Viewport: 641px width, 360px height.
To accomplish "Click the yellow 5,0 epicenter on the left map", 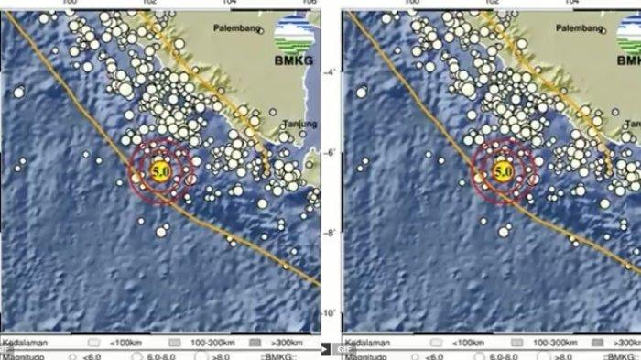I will point(159,170).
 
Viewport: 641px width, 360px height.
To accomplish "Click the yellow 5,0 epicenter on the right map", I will point(502,170).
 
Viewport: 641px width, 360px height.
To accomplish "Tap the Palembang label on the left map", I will point(235,27).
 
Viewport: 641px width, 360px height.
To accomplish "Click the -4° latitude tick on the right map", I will point(632,72).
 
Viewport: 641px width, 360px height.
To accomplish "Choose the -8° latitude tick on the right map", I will point(632,234).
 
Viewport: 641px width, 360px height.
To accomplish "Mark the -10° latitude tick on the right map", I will point(631,314).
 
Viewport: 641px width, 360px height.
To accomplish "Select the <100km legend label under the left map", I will point(125,342).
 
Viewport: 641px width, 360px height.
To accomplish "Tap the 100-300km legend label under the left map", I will point(207,342).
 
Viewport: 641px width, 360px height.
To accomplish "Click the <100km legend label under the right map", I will point(468,342).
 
